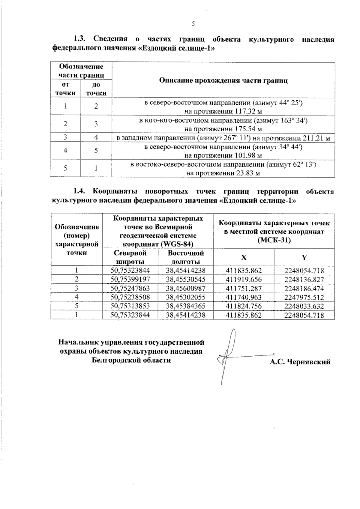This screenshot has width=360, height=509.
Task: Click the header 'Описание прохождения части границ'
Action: pos(223,80)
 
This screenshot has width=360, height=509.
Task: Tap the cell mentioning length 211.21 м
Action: pos(223,138)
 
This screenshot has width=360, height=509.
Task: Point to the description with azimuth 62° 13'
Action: pos(223,169)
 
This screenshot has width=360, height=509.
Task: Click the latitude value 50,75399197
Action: pos(130,280)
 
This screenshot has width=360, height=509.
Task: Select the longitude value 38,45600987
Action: pos(186,289)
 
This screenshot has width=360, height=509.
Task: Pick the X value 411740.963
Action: pos(244,297)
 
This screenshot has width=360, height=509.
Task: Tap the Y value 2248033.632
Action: pos(304,306)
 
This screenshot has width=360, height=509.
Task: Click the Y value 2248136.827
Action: pos(304,280)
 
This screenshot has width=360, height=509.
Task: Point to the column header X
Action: pos(244,257)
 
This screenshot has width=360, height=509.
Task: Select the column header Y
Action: pos(304,257)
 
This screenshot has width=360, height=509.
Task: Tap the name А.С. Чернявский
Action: pos(300,362)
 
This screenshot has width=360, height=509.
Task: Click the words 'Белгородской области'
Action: pos(131,360)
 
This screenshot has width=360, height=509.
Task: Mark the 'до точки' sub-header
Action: pos(96,89)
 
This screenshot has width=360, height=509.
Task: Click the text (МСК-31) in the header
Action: pos(274,240)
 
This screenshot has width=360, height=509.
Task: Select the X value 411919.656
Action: pos(244,280)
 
